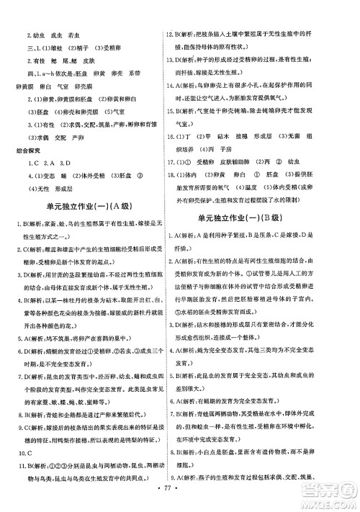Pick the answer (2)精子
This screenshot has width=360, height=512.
tap(84, 47)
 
